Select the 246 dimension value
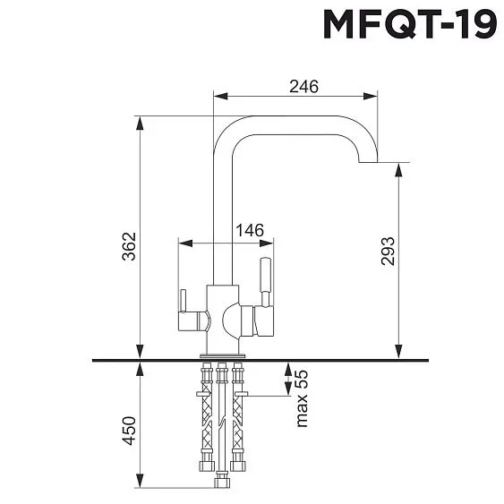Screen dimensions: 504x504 pos(304,86)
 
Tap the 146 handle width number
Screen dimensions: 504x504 pos(249,230)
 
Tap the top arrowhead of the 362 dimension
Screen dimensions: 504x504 pos(140,121)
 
